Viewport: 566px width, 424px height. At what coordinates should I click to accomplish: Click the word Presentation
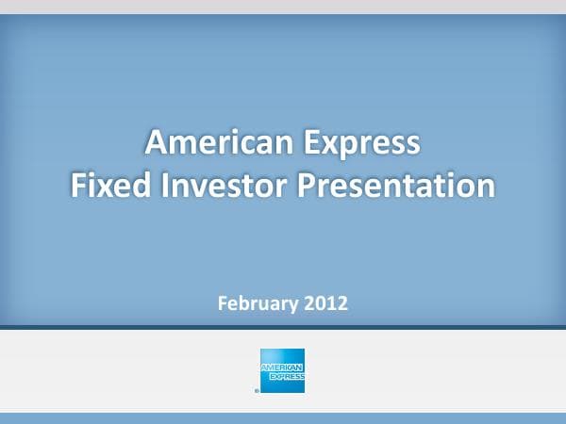coord(396,184)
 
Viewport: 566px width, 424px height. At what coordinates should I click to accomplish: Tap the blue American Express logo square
coord(282,370)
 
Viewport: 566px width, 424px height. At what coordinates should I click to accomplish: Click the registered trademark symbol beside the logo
coord(256,388)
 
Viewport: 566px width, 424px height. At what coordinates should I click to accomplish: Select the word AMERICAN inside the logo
coord(282,366)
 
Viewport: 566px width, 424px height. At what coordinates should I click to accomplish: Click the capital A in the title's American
coord(156,143)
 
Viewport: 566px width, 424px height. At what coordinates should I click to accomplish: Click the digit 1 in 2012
coord(332,303)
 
